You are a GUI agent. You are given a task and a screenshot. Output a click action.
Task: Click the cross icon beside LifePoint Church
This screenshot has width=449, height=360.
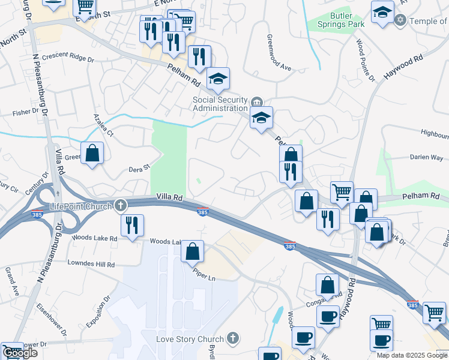[x=120, y=206]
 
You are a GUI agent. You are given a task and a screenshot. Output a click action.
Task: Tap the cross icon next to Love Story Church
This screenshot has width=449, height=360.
[x=233, y=340]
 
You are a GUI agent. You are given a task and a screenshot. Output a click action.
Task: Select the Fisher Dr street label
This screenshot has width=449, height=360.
[x=25, y=112]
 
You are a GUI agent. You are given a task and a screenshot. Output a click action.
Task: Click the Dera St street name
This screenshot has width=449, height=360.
[x=138, y=170]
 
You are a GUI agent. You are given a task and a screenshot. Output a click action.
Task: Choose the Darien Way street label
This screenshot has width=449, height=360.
[x=427, y=158]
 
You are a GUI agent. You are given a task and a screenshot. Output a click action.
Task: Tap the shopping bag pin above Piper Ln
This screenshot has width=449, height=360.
[x=192, y=252]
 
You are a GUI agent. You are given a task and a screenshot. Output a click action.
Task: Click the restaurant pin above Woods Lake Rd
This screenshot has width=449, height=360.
[x=132, y=226]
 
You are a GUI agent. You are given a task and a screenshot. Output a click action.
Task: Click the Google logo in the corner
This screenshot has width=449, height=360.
[x=19, y=353]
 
